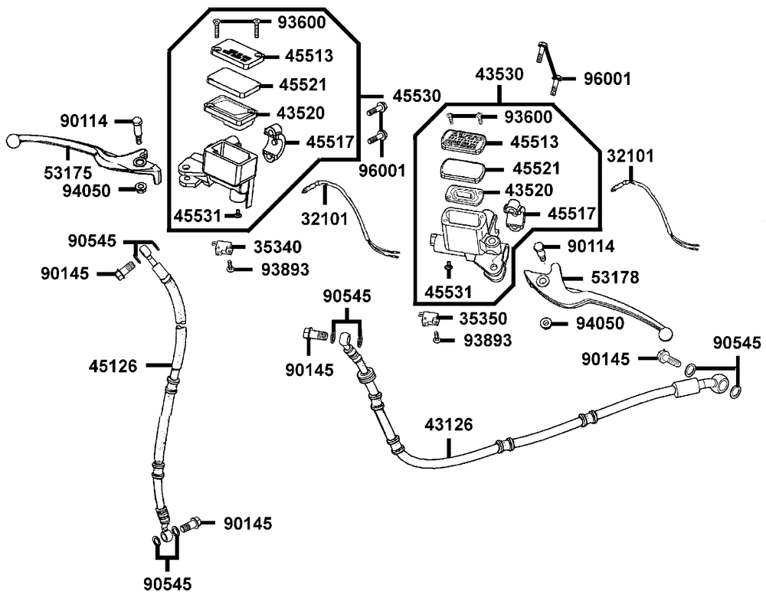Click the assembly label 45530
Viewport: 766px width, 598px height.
tap(417, 96)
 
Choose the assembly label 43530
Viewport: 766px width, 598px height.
tap(499, 75)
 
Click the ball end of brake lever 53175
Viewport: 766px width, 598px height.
tap(12, 141)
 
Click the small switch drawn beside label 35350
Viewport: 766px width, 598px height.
tap(427, 319)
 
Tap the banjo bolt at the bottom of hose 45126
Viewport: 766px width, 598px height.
tap(192, 524)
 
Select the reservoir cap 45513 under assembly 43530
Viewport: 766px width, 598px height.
tap(463, 142)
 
